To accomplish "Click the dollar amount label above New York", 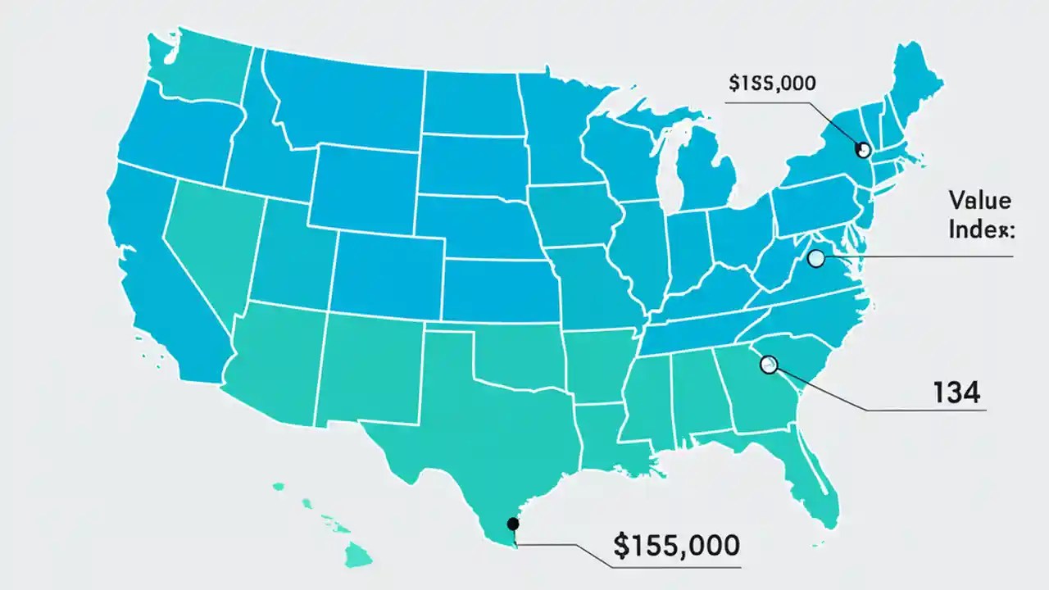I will pos(776,84).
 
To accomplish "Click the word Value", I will pos(979,199).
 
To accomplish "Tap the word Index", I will pos(981,229).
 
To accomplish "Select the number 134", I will pos(956,393).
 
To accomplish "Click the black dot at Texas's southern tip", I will pos(513,524).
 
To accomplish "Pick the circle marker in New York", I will pos(861,149).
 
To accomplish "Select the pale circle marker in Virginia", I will pos(815,259).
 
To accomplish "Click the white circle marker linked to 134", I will pos(768,364).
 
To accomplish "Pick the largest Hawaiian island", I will pos(358,556).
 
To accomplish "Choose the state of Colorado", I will pos(385,262).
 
